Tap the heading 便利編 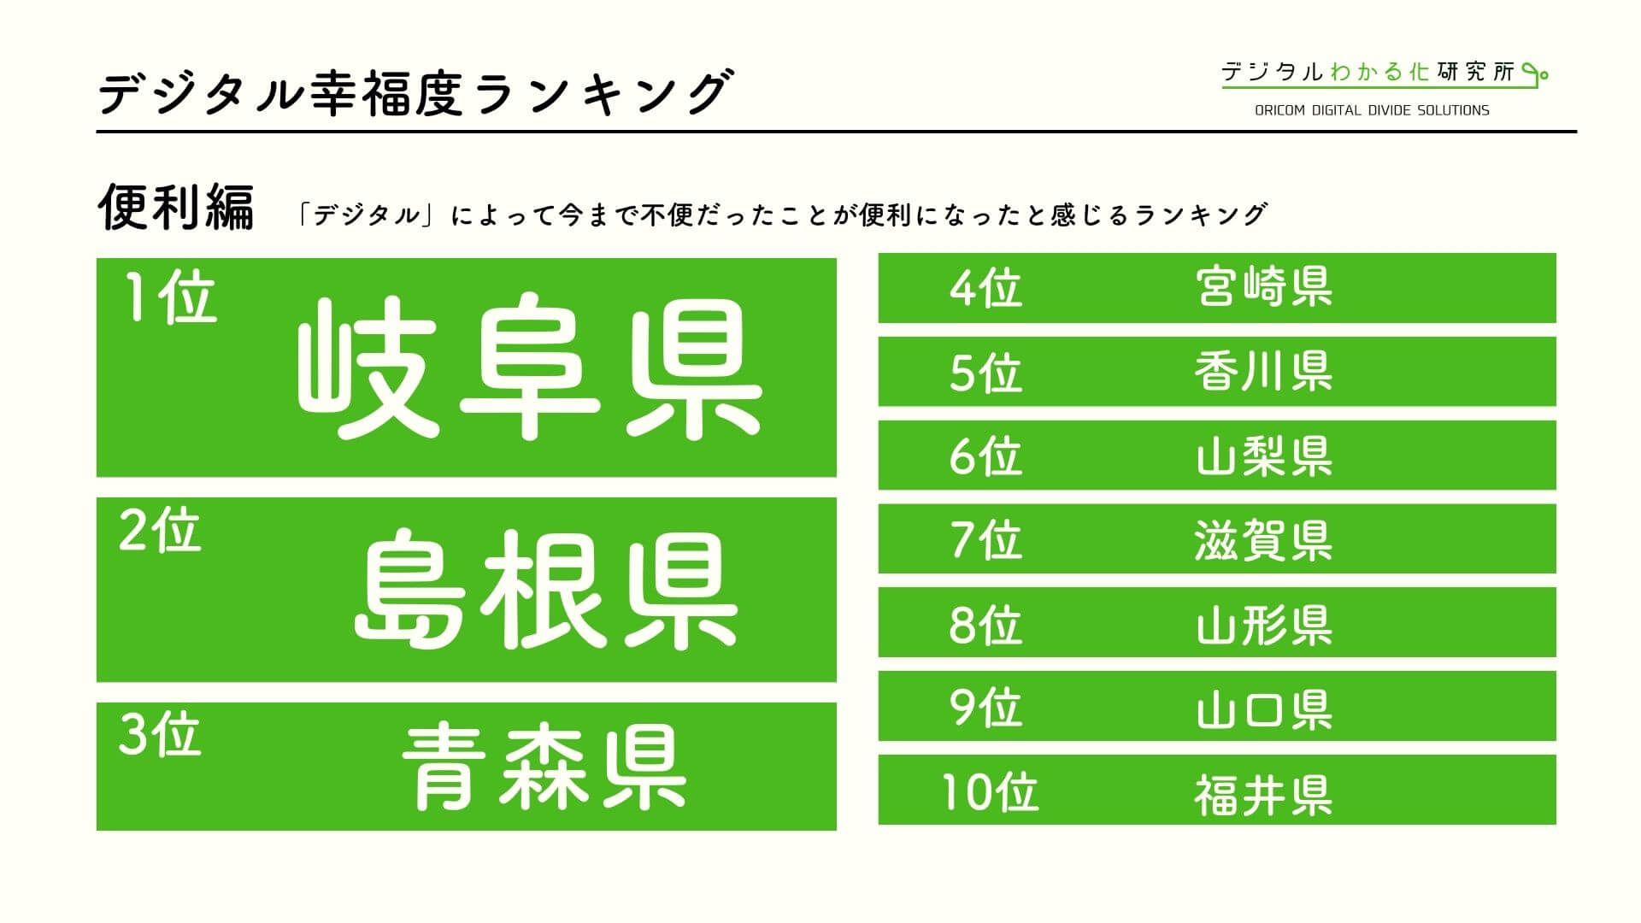pyautogui.click(x=176, y=208)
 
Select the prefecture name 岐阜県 pyautogui.click(x=529, y=368)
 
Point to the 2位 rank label pyautogui.click(x=160, y=530)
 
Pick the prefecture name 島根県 pyautogui.click(x=546, y=589)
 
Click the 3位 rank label pyautogui.click(x=160, y=735)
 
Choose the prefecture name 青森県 pyautogui.click(x=544, y=767)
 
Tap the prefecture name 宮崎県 pyautogui.click(x=1264, y=287)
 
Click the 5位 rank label pyautogui.click(x=985, y=372)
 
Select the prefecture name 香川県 pyautogui.click(x=1264, y=372)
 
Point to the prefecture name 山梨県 pyautogui.click(x=1264, y=456)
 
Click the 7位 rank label pyautogui.click(x=985, y=539)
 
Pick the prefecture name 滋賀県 pyautogui.click(x=1264, y=539)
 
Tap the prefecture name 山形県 pyautogui.click(x=1264, y=624)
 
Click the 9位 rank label pyautogui.click(x=985, y=708)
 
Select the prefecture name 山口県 pyautogui.click(x=1264, y=708)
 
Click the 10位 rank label pyautogui.click(x=990, y=791)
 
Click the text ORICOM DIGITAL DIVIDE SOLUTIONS pyautogui.click(x=1372, y=110)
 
